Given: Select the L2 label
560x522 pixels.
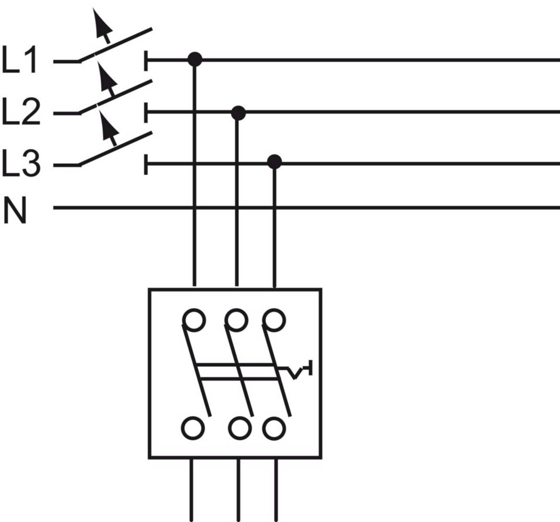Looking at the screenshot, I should point(20,112).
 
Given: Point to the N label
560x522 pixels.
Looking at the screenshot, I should point(15,211).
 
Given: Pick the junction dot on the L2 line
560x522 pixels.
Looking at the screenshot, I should point(238,113).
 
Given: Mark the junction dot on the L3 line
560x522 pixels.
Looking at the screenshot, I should point(274,162).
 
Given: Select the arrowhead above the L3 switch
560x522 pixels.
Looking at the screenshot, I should point(109,125).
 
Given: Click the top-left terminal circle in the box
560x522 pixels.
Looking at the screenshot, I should point(193,321).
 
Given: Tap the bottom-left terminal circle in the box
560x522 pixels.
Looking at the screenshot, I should point(193,428).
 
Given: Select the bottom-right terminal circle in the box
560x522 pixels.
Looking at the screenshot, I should point(274,428).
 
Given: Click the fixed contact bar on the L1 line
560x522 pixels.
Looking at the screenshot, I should point(146,60).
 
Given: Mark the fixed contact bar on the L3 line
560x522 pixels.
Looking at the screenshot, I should point(146,164).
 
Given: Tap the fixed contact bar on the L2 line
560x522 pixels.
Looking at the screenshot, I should point(146,113).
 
